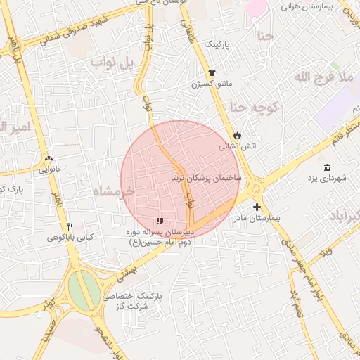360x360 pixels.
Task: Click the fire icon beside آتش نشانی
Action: click(x=238, y=134)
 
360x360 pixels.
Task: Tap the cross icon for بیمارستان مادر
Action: click(x=257, y=207)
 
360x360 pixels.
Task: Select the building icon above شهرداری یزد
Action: click(x=328, y=167)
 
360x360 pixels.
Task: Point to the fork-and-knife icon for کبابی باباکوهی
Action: click(x=70, y=226)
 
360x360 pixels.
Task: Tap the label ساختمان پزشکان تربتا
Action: click(x=206, y=178)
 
